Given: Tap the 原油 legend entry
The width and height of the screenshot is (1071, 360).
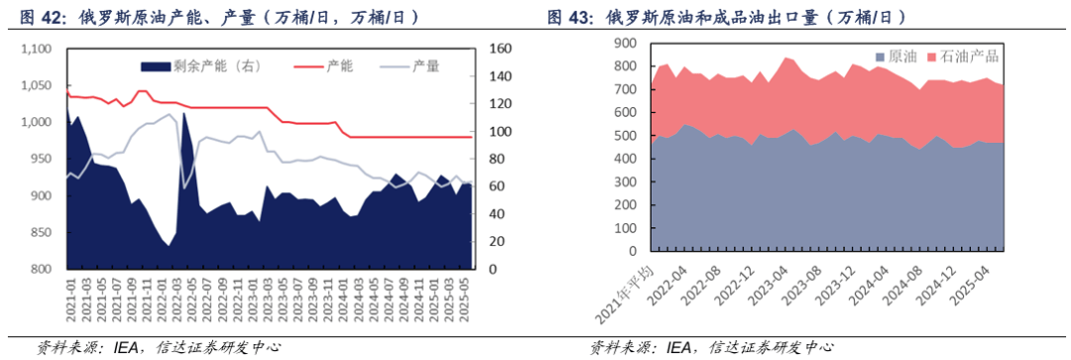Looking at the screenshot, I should coord(894,58).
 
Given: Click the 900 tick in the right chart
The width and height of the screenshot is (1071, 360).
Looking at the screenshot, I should coord(628,44).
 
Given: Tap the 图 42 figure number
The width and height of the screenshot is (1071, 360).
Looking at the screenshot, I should coord(34,17).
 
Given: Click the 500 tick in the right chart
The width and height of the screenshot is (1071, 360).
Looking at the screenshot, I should coord(628,136).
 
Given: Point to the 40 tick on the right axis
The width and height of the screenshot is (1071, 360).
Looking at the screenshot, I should coord(495,214).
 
